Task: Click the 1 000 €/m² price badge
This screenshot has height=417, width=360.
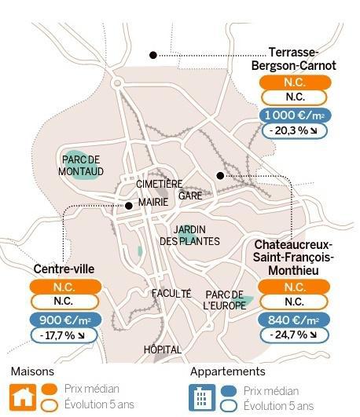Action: (295, 115)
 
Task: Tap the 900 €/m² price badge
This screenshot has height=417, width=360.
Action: (65, 320)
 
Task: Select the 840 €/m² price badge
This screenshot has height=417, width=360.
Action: (294, 320)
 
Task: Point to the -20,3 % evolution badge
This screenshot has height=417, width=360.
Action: (294, 131)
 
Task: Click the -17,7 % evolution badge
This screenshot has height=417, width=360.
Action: (64, 335)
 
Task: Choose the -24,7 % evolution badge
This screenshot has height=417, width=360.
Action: (294, 335)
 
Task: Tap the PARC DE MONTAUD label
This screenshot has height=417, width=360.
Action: (81, 166)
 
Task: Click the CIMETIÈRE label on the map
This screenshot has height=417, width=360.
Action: (160, 184)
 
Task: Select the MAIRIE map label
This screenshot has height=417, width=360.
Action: (153, 202)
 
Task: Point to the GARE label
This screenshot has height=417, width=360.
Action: (190, 196)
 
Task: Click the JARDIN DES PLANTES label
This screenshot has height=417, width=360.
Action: (189, 236)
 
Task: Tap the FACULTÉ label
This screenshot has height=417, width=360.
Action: (171, 294)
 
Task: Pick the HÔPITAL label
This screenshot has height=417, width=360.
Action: (163, 349)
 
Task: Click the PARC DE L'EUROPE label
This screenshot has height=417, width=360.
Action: (225, 300)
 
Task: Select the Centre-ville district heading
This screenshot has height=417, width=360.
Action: (64, 269)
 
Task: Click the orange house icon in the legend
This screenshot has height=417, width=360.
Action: (23, 397)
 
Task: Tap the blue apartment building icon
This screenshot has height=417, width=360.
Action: (202, 397)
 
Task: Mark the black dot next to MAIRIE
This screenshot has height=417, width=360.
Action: (129, 206)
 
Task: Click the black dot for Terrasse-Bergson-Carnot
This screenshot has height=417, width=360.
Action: (153, 55)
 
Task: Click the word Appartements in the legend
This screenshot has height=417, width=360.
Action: (228, 371)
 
